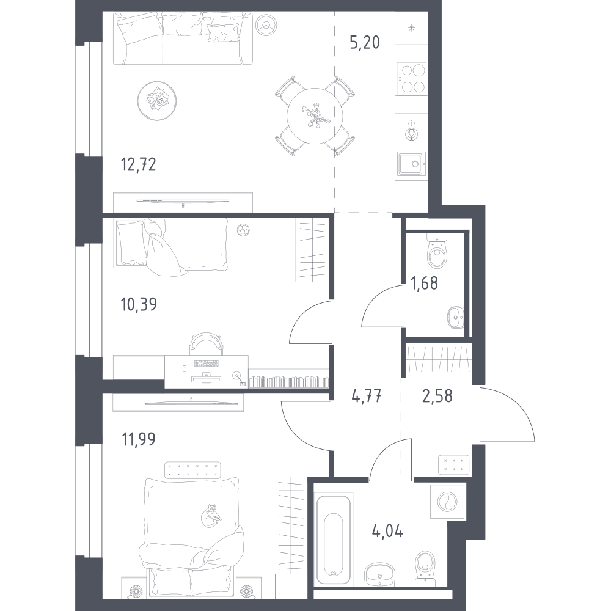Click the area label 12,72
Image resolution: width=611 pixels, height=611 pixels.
(x=139, y=164)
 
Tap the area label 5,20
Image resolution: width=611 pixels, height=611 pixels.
(x=365, y=43)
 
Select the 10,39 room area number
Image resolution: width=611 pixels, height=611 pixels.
(x=139, y=304)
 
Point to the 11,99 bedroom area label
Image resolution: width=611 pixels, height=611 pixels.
(x=139, y=439)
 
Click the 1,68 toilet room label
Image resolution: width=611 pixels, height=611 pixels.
(x=425, y=284)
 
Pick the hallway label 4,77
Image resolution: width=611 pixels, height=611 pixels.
(x=366, y=397)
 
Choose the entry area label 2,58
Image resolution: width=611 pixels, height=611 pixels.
(x=437, y=396)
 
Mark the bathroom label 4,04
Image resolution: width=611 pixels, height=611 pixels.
(x=387, y=531)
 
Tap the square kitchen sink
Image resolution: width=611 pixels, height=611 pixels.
(x=411, y=164)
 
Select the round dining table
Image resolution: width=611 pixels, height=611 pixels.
(x=315, y=116)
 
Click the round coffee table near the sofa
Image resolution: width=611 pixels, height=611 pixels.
(x=156, y=101)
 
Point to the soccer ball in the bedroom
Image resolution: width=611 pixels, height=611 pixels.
(x=243, y=230)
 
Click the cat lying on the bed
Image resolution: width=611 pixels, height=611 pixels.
(x=211, y=516)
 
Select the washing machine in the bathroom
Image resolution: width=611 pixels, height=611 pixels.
(x=448, y=502)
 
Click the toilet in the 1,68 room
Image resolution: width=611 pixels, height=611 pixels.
(x=437, y=253)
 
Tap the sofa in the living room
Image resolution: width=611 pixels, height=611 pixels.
(x=183, y=38)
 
